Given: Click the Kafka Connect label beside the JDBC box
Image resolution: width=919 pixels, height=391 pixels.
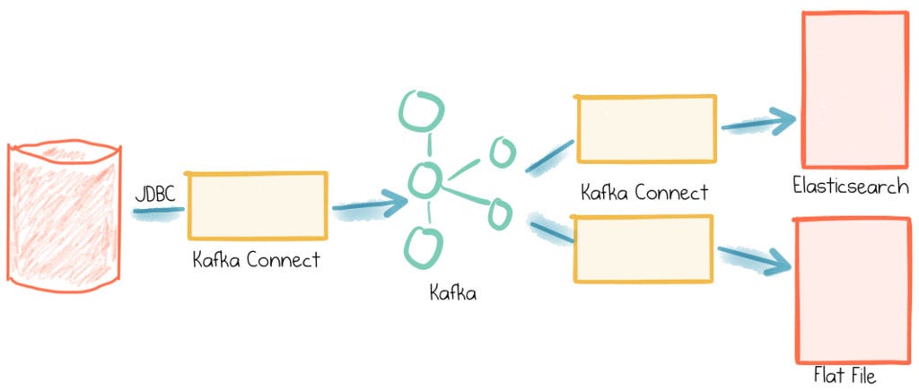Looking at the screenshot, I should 256,261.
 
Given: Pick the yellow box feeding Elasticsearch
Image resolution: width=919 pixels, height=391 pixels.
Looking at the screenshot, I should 646,129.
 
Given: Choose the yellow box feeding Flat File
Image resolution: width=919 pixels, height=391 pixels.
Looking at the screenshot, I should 643,248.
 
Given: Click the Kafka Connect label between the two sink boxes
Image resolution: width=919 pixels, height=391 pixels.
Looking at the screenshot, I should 644,192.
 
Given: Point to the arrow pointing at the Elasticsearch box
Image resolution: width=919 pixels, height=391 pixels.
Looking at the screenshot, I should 758,123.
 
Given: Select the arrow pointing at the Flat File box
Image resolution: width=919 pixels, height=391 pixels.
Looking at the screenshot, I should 754,257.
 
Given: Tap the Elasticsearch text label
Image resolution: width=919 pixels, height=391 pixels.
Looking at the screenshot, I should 851,187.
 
